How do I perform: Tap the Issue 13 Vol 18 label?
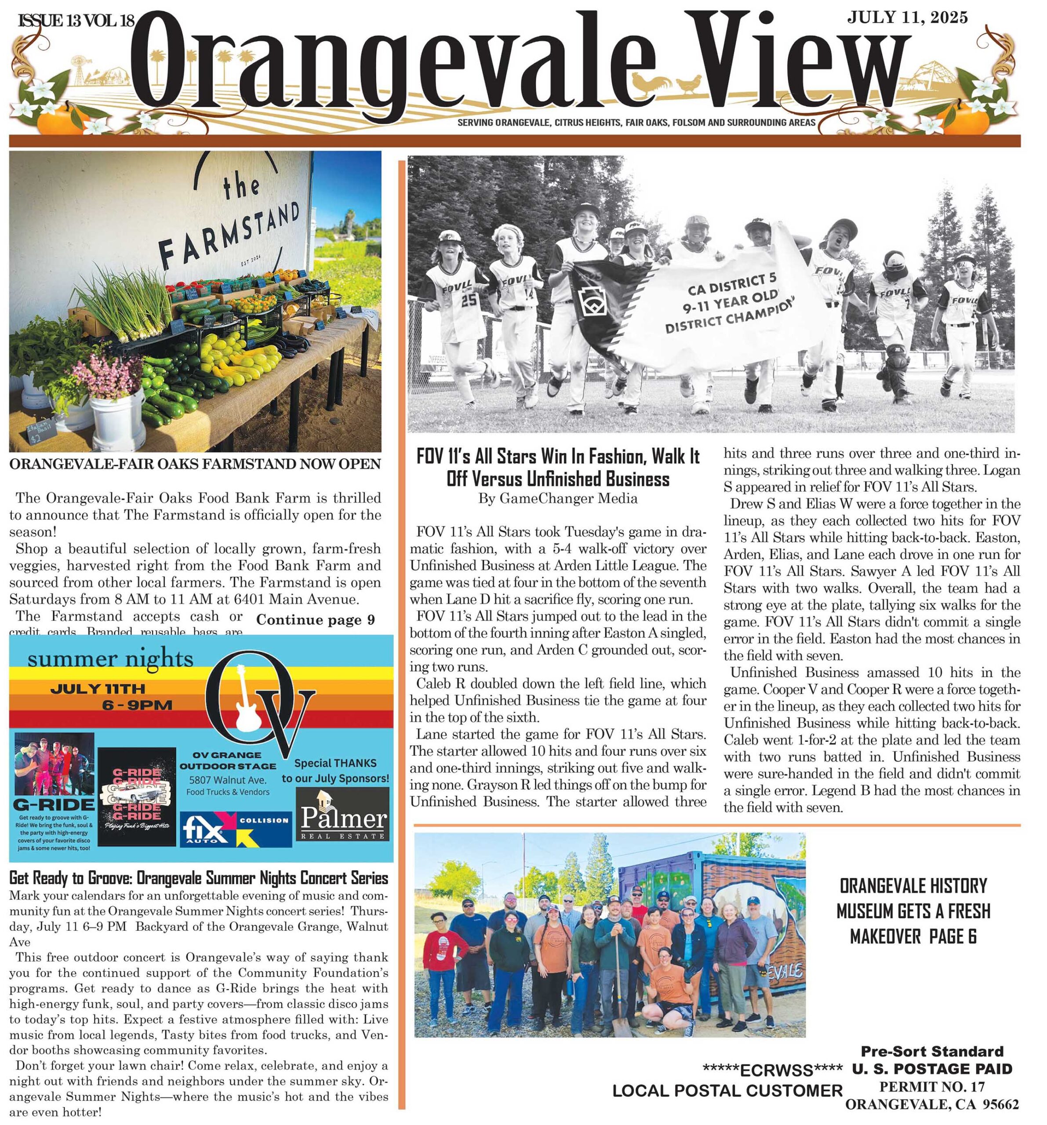pyautogui.click(x=77, y=22)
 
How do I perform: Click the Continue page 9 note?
pyautogui.click(x=315, y=620)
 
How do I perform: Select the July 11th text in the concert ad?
pyautogui.click(x=98, y=689)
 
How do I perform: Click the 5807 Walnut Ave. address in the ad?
pyautogui.click(x=228, y=780)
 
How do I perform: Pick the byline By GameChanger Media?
pyautogui.click(x=557, y=498)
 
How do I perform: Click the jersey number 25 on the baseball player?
pyautogui.click(x=469, y=301)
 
